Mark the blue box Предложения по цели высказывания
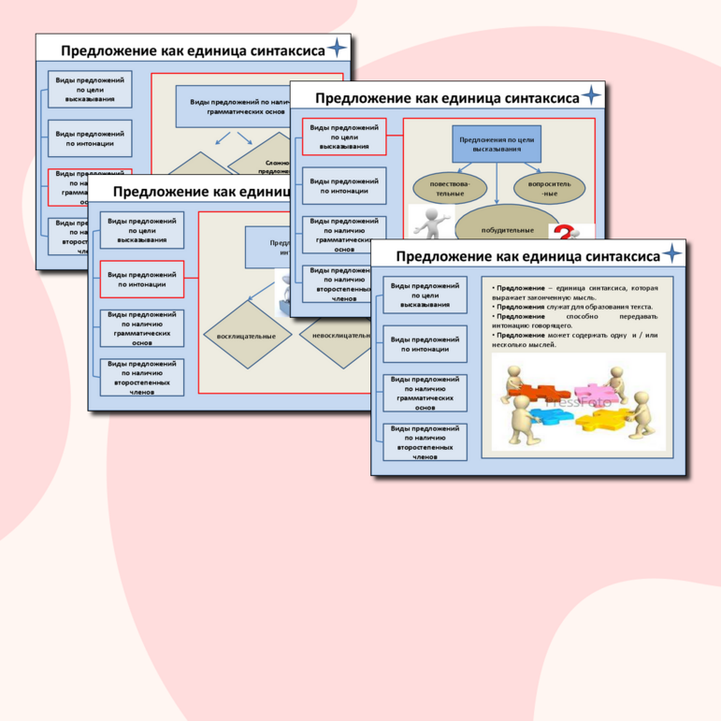[497, 143]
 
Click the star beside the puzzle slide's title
[672, 255]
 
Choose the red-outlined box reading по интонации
[142, 279]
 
